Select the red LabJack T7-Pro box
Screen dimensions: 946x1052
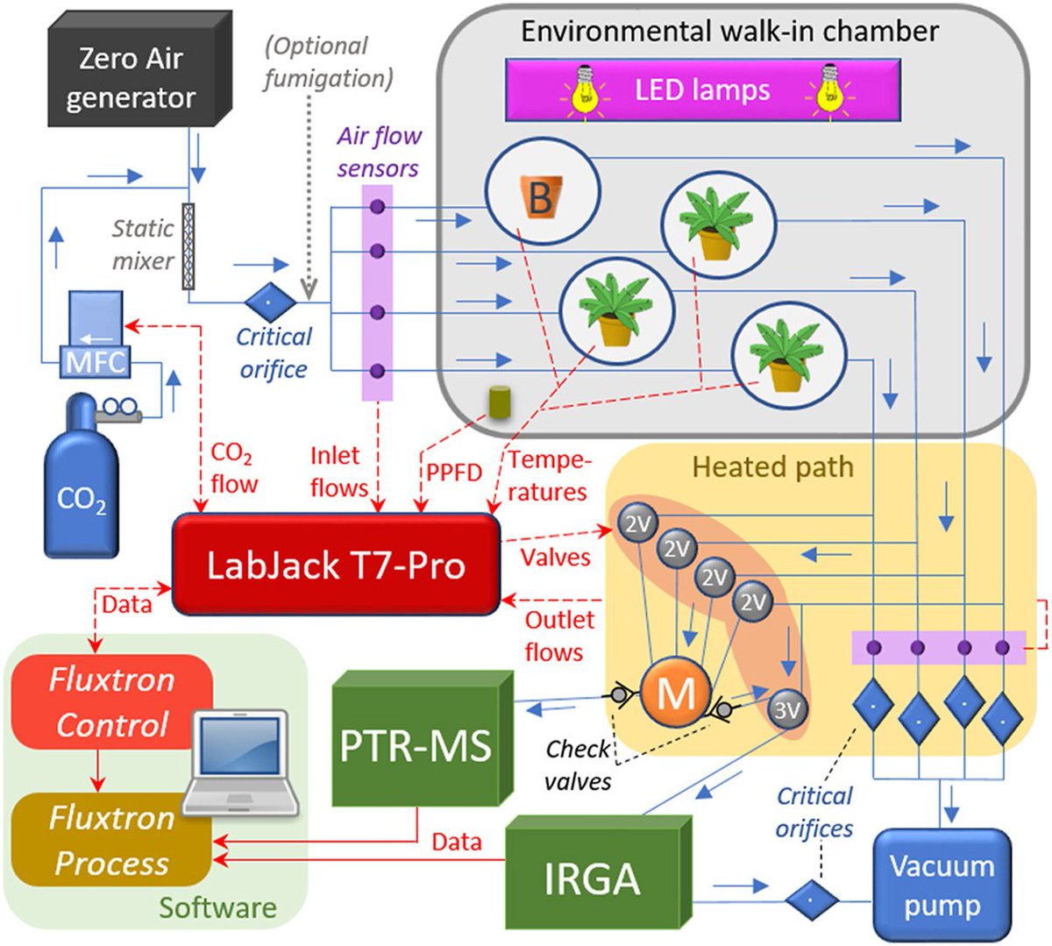[x=335, y=564]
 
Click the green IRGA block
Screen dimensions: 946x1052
[x=593, y=878]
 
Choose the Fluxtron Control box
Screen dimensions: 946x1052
[x=111, y=702]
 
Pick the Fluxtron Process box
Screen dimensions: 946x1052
[x=110, y=840]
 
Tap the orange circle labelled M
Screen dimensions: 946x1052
[x=674, y=693]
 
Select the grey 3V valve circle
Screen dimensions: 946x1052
[x=787, y=709]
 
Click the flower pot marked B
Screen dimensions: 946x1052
[x=540, y=196]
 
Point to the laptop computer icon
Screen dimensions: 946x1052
[x=239, y=763]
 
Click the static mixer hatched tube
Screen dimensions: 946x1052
[x=188, y=246]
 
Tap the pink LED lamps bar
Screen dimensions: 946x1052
[x=702, y=89]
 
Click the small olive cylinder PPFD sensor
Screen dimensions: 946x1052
[x=501, y=402]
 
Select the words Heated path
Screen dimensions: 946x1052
[x=772, y=466]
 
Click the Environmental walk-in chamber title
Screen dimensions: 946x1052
[x=729, y=32]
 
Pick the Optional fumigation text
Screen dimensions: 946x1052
[x=328, y=61]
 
